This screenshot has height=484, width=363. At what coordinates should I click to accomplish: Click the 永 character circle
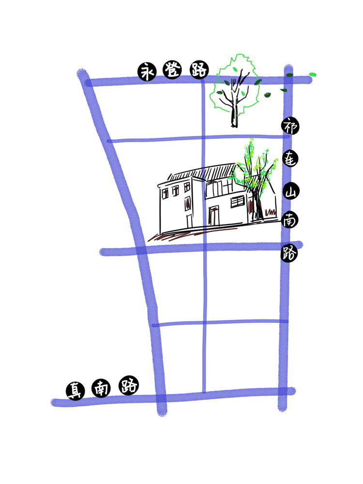pyautogui.click(x=147, y=72)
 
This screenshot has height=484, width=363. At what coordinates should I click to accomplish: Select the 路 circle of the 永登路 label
pyautogui.click(x=199, y=70)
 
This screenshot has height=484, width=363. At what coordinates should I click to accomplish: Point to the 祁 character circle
pyautogui.click(x=290, y=126)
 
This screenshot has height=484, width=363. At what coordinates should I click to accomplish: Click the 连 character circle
pyautogui.click(x=290, y=159)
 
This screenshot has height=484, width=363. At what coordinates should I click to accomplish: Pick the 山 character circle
pyautogui.click(x=290, y=191)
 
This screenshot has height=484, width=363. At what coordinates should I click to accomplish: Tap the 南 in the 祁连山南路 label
pyautogui.click(x=289, y=220)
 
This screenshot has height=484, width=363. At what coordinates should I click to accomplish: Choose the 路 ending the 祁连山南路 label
pyautogui.click(x=289, y=254)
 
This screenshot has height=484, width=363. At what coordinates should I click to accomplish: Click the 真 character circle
pyautogui.click(x=76, y=391)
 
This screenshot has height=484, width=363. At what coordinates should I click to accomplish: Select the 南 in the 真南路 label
pyautogui.click(x=101, y=388)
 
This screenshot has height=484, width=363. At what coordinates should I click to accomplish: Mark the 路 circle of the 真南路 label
pyautogui.click(x=129, y=385)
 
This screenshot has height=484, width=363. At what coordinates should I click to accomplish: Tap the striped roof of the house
pyautogui.click(x=204, y=172)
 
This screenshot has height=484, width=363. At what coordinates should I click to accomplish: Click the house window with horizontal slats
pyautogui.click(x=238, y=201)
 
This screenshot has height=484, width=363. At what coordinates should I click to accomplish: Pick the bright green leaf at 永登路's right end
pyautogui.click(x=313, y=75)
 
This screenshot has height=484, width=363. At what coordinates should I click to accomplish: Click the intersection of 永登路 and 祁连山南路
pyautogui.click(x=288, y=80)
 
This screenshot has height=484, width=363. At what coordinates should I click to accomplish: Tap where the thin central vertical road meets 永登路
pyautogui.click(x=203, y=81)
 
